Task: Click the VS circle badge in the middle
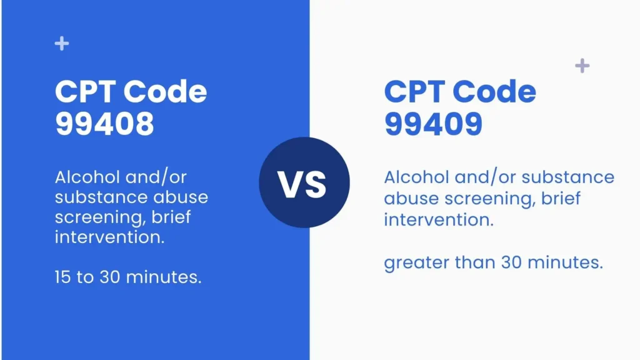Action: (304, 182)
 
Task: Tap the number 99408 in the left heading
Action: (104, 124)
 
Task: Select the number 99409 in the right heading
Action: (433, 124)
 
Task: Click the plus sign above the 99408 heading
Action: (61, 44)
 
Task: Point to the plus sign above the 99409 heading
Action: (582, 66)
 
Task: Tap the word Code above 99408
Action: (165, 92)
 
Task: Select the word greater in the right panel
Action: (415, 263)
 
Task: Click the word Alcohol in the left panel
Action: (81, 177)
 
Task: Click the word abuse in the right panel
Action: (410, 199)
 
